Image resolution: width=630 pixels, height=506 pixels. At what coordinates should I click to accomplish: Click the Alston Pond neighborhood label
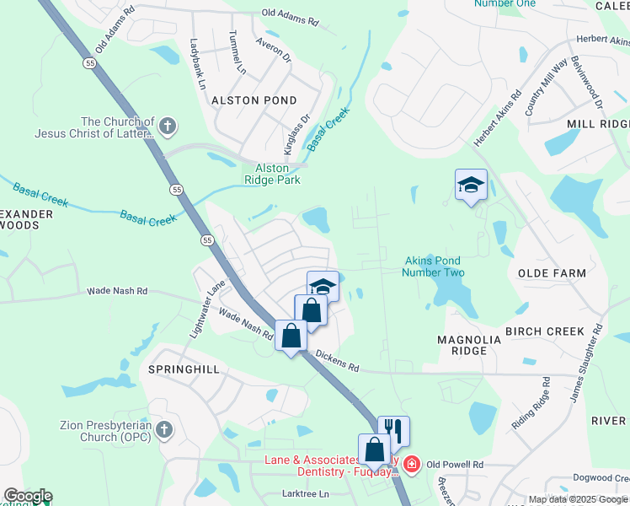tap(243, 100)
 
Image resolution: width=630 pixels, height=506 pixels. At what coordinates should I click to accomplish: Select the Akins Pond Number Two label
tap(433, 266)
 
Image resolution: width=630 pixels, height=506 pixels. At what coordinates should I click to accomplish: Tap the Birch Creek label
tap(544, 331)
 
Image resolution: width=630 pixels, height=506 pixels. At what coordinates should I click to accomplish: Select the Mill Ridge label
tap(597, 124)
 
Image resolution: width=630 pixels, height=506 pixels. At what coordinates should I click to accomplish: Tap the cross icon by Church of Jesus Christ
tap(167, 127)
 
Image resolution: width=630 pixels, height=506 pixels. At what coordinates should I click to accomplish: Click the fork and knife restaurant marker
tap(392, 430)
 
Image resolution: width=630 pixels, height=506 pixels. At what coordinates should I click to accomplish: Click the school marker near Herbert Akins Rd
tap(471, 185)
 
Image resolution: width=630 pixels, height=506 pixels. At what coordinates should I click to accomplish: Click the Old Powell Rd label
tap(455, 465)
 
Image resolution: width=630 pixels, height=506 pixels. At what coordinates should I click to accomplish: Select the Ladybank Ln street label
tap(198, 63)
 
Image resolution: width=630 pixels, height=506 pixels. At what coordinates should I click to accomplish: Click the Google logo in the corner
tap(27, 496)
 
